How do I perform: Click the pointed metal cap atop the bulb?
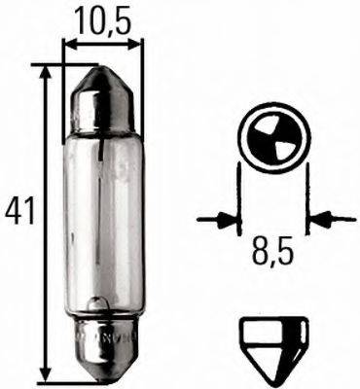[x=101, y=88]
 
